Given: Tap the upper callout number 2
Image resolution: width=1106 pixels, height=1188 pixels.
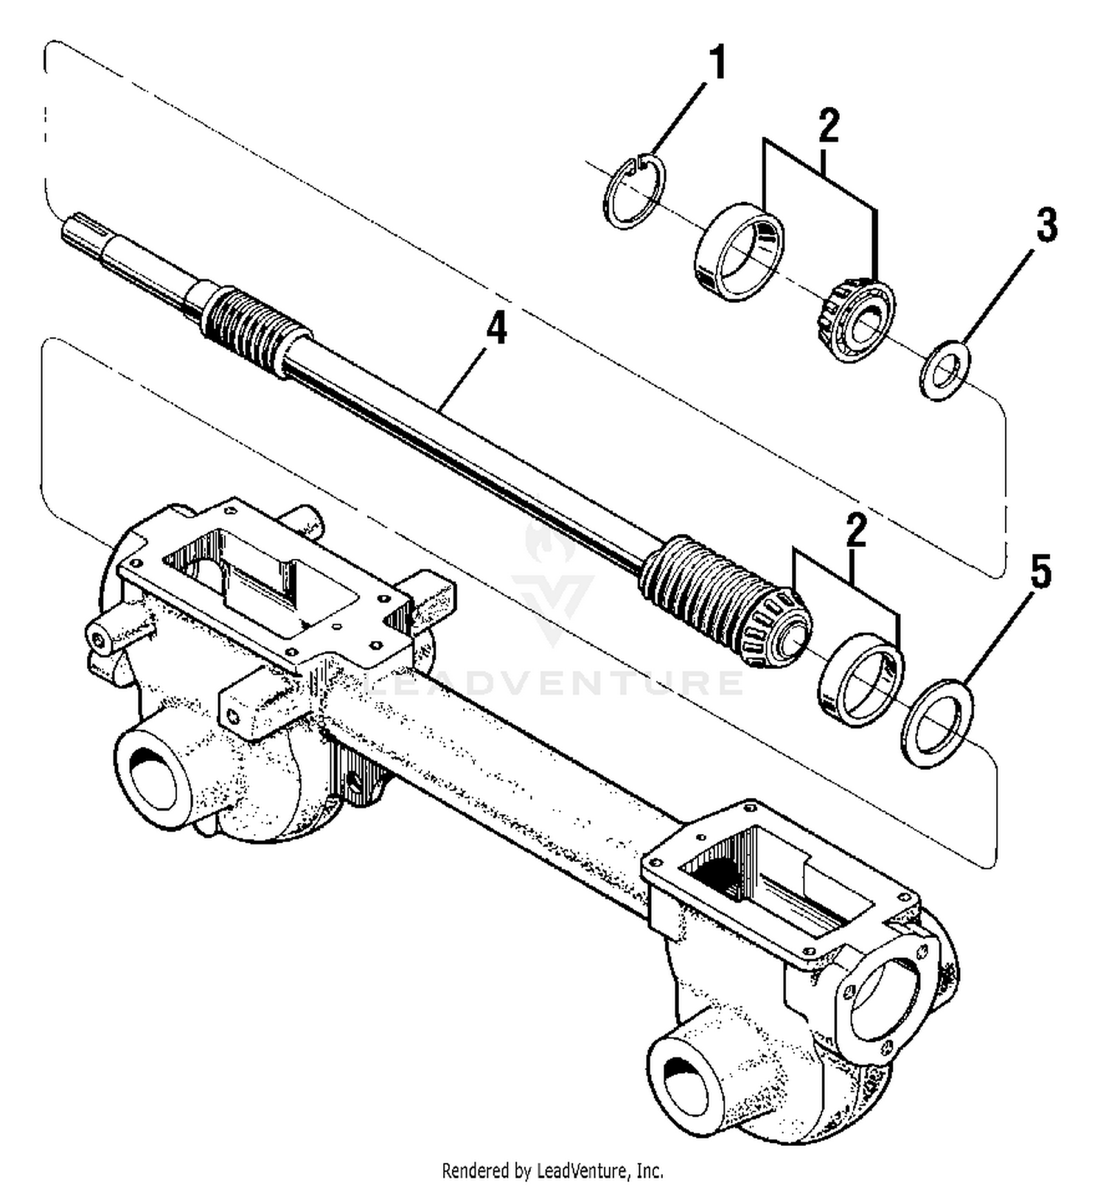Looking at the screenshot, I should click(829, 126).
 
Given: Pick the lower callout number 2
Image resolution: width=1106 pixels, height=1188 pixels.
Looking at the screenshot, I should click(856, 532).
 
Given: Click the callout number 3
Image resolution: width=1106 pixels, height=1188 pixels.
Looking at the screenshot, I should click(1046, 225).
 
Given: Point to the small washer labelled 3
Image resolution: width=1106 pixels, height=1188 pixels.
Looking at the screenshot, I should click(945, 369).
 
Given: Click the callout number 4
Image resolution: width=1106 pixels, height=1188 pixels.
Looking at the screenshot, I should click(497, 328).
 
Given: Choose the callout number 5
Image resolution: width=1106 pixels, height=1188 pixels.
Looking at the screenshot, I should click(1040, 573).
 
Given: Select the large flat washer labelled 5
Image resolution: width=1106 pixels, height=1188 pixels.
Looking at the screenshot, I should click(937, 723).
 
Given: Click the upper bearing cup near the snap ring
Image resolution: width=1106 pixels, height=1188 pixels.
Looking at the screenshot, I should click(739, 251).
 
